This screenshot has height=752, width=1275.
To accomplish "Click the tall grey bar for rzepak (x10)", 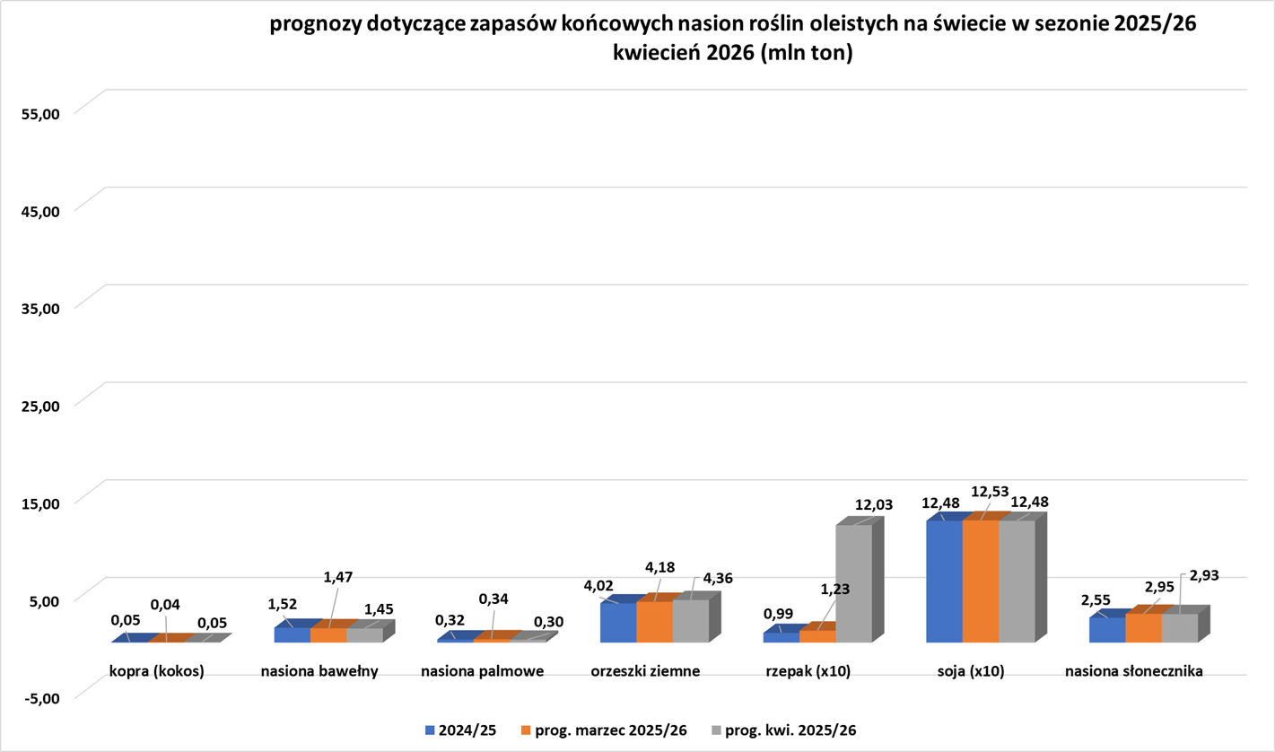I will point(853,583).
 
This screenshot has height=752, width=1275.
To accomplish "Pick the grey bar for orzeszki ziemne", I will point(690,621).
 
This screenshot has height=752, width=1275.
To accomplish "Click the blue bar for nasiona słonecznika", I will point(1107,630).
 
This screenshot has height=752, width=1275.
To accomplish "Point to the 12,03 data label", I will point(873,506).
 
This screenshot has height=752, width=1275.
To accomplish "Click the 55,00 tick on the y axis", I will point(39,113).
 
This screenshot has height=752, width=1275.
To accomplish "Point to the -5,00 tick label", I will point(39,697).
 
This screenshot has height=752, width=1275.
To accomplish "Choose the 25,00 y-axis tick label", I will point(39,405).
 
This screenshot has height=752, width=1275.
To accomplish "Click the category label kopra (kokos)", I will point(157,670).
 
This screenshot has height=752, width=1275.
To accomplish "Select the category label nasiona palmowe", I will point(483,670).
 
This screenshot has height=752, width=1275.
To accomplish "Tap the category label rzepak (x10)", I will point(808,670).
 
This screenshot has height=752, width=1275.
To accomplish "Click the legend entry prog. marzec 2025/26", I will point(610,730).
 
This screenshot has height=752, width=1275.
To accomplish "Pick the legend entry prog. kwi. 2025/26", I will point(785,730).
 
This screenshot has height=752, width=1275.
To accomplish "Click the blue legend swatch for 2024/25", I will point(431,730).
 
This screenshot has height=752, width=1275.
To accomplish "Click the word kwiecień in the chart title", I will point(655,53).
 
